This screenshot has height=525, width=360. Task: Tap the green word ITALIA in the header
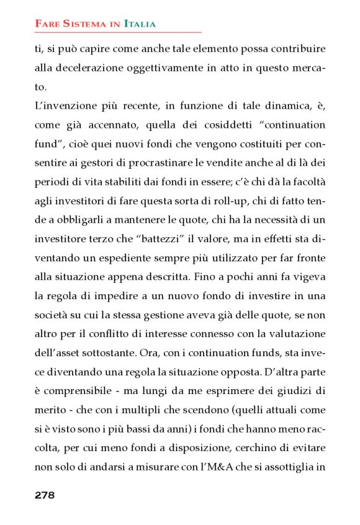tap(140, 24)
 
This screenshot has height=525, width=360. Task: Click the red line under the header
tap(118, 32)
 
